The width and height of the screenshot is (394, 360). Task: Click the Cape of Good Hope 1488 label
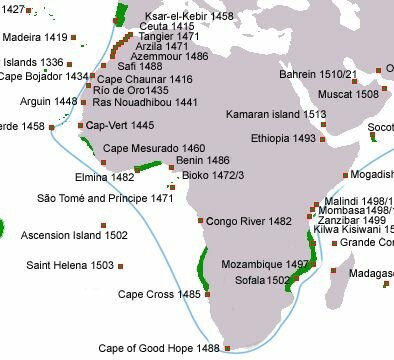click(x=159, y=348)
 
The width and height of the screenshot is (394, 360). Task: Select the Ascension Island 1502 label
click(x=73, y=235)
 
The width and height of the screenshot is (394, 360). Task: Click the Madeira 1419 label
click(x=35, y=37)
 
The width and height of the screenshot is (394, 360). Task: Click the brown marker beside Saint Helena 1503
click(x=122, y=266)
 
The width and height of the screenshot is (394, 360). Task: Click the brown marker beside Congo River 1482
click(x=202, y=220)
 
